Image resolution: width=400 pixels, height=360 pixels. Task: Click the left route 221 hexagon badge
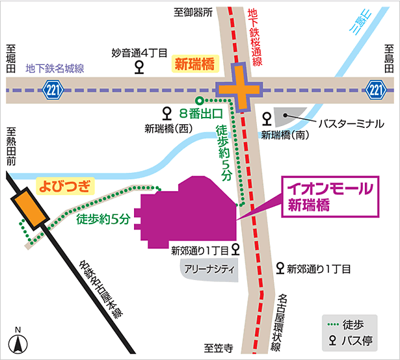point(54,88)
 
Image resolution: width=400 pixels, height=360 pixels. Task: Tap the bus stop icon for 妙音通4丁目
point(139,67)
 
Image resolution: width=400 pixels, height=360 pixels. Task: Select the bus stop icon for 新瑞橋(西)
point(167,112)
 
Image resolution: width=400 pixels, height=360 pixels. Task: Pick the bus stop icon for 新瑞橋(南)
point(266,118)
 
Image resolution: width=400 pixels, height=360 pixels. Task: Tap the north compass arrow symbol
point(19,343)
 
